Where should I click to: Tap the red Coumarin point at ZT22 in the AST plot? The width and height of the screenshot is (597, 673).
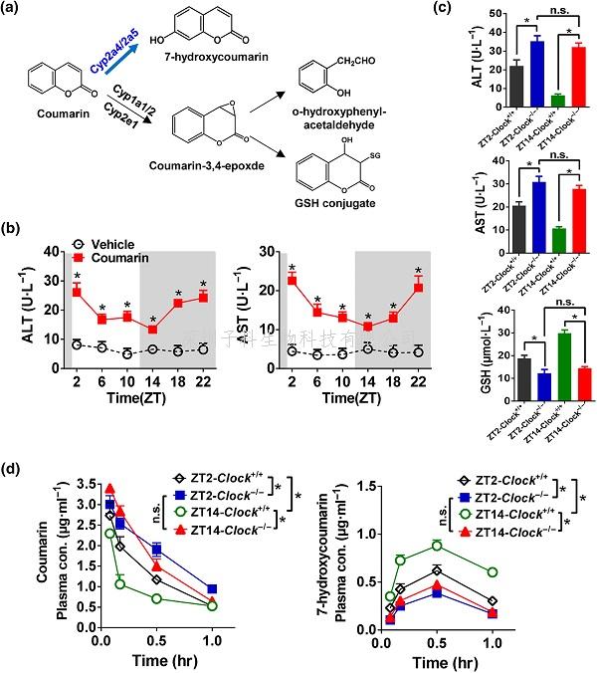click(x=419, y=287)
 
